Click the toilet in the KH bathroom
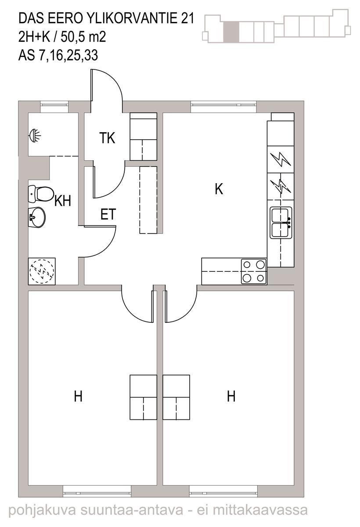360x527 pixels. tap(40, 194)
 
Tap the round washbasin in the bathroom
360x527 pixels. tap(37, 217)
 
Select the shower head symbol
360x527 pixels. tap(35, 136)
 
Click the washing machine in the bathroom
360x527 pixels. tap(42, 271)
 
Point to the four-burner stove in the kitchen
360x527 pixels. tap(254, 271)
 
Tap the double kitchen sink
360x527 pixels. tap(281, 223)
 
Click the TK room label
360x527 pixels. tap(107, 138)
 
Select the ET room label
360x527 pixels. tap(108, 214)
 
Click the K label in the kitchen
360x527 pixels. tap(219, 189)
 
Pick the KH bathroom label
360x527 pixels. tap(62, 201)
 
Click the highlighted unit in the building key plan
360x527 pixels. tap(231, 32)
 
